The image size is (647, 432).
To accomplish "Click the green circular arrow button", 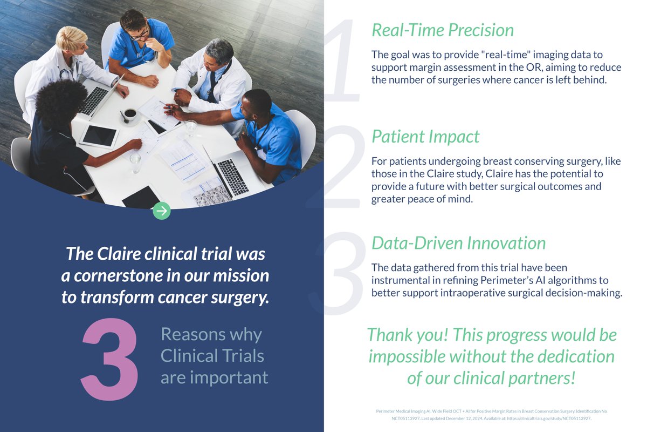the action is click(161, 211).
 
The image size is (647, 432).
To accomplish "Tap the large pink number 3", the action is click(109, 359).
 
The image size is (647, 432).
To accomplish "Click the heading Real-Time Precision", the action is click(443, 30).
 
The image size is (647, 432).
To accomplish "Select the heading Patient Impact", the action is click(425, 137).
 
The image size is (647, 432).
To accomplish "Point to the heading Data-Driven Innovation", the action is click(458, 243).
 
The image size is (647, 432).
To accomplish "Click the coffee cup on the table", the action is click(130, 114).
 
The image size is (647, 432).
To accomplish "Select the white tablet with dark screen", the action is click(99, 136).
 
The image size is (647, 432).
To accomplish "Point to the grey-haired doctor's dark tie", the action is click(213, 86).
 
